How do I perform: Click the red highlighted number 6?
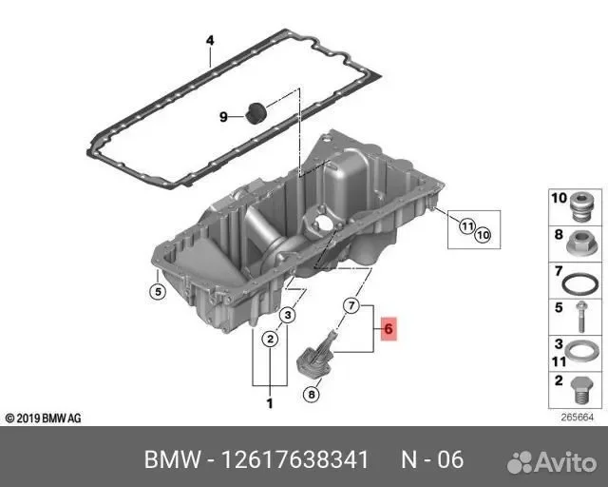pyautogui.click(x=389, y=329)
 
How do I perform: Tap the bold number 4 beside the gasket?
pyautogui.click(x=210, y=40)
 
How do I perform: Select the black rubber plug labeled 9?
pyautogui.click(x=256, y=113)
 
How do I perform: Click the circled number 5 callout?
pyautogui.click(x=158, y=292)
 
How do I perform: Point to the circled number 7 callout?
pyautogui.click(x=351, y=305)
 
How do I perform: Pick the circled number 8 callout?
pyautogui.click(x=312, y=395)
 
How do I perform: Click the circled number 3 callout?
pyautogui.click(x=288, y=315)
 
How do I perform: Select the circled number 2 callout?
pyautogui.click(x=270, y=339)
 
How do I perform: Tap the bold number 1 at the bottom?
pyautogui.click(x=270, y=403)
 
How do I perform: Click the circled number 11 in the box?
pyautogui.click(x=467, y=226)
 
